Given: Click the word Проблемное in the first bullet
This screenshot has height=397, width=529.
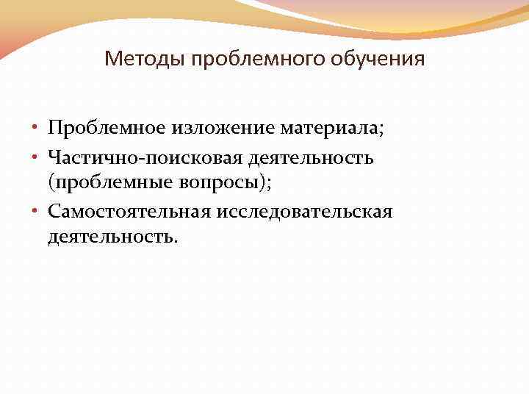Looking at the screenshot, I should point(106,129).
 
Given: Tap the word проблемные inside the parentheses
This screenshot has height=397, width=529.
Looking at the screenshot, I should point(107,184).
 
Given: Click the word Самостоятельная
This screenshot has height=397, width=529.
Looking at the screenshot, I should point(129,212).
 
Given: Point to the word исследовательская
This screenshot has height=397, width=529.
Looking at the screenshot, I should point(304,212).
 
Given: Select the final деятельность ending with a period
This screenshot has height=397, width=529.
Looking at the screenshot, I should point(110,238).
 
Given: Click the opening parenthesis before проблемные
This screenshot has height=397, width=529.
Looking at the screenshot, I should point(51,185).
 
